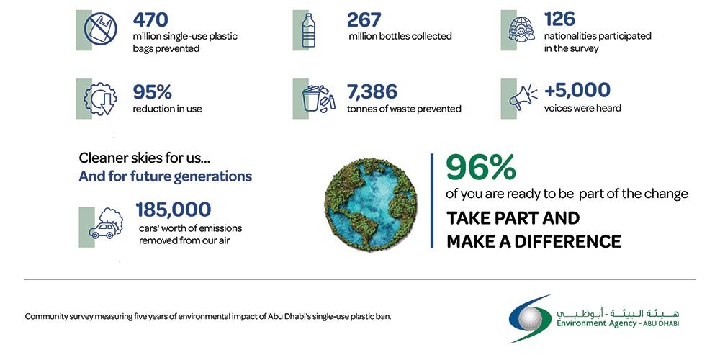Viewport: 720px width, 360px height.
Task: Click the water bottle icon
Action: tap(309, 30)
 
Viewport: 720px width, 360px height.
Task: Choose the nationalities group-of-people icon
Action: tap(519, 30)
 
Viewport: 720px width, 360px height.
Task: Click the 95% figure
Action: tap(153, 92)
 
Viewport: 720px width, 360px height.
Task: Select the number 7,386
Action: tap(372, 92)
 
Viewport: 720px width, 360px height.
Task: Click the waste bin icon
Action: tap(314, 99)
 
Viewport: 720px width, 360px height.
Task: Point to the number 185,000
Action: tap(174, 210)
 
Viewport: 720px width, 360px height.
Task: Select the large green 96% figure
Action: tap(481, 168)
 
